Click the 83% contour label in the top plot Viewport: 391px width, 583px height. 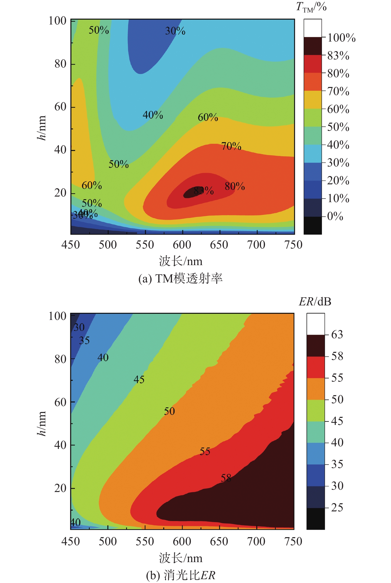204,190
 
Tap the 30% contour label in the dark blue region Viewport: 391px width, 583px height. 175,31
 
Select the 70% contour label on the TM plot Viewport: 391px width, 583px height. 231,146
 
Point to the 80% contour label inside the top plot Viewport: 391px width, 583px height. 235,186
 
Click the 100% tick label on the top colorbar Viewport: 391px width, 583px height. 341,38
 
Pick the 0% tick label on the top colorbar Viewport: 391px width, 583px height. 335,216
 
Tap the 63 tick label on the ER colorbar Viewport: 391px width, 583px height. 337,334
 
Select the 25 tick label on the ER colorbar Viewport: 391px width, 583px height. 337,508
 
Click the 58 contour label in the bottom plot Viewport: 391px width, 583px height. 226,478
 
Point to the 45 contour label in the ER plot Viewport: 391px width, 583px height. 139,380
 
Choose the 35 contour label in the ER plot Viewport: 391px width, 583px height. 84,341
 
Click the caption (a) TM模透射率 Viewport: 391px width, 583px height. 180,279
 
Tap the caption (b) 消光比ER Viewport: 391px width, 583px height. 181,575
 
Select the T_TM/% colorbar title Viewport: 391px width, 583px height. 311,7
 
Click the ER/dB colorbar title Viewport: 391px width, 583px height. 315,302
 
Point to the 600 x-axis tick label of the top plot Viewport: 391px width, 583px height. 182,245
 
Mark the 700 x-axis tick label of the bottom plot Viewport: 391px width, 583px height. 256,541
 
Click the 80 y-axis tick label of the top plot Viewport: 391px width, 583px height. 60,64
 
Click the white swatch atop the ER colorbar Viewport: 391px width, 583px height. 316,324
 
